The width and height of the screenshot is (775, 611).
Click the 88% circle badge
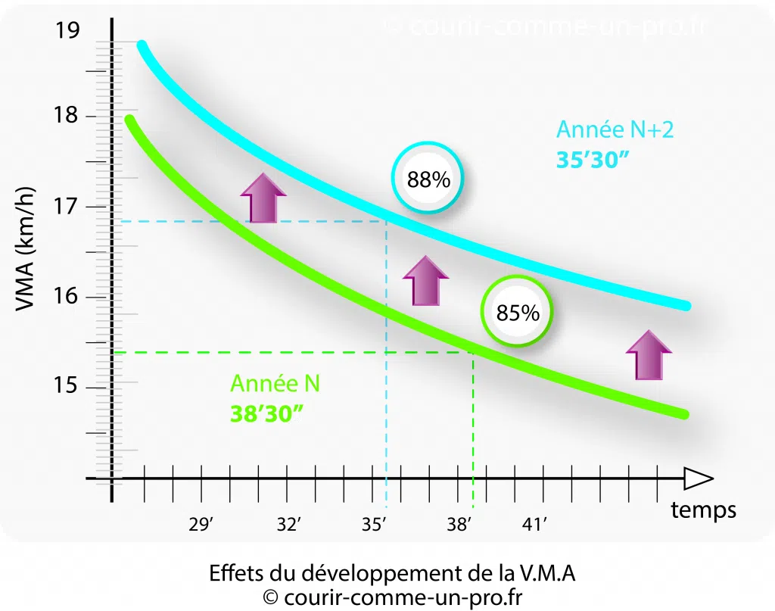428,179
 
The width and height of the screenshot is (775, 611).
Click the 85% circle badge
518,311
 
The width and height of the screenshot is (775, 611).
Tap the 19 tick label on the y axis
67,32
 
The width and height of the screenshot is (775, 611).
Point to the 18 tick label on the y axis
67,116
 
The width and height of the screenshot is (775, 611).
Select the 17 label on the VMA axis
67,207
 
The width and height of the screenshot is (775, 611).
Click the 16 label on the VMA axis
67,296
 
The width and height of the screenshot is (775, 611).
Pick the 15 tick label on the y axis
67,387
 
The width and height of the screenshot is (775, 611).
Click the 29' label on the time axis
201,525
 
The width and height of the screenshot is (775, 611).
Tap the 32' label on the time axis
288,525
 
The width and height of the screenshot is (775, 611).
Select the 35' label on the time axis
374,525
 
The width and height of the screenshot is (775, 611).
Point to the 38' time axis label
459,525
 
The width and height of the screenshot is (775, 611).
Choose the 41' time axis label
534,525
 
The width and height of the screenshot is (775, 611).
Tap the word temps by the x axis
703,510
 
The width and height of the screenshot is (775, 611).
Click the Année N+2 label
615,129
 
